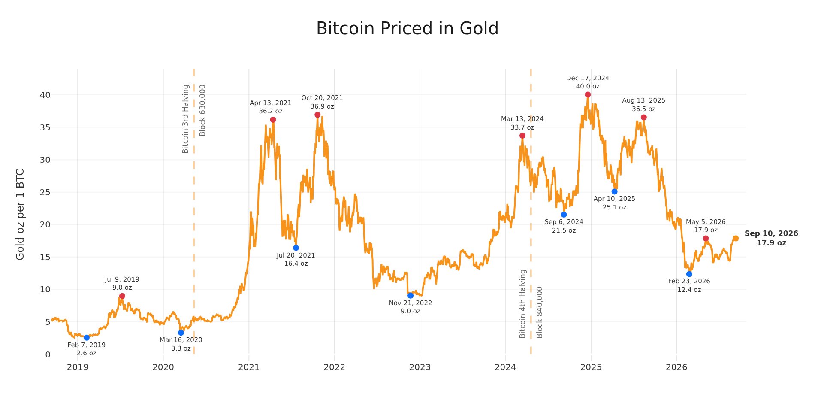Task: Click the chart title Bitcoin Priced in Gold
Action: pos(407,29)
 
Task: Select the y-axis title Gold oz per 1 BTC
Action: pos(20,214)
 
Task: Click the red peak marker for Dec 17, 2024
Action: pos(588,95)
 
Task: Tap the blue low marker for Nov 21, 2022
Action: pos(411,295)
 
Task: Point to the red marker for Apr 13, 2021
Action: pos(273,120)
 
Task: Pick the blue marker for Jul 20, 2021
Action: pos(296,248)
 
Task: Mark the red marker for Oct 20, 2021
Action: pos(317,115)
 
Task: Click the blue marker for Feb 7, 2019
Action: pos(87,337)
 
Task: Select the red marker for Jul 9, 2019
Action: pos(122,296)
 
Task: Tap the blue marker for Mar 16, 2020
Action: pos(181,333)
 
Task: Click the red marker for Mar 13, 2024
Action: pos(522,136)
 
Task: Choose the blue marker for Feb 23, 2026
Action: pos(689,274)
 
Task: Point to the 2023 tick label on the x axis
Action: pos(420,367)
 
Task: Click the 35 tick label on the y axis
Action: pos(45,127)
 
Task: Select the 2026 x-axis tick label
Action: pos(676,367)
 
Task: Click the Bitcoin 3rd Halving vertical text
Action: pos(185,119)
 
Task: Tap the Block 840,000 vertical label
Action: pos(540,312)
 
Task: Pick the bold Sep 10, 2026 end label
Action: pos(771,233)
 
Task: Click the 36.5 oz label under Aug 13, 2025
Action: pos(644,109)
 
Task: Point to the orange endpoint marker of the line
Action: pos(736,238)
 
